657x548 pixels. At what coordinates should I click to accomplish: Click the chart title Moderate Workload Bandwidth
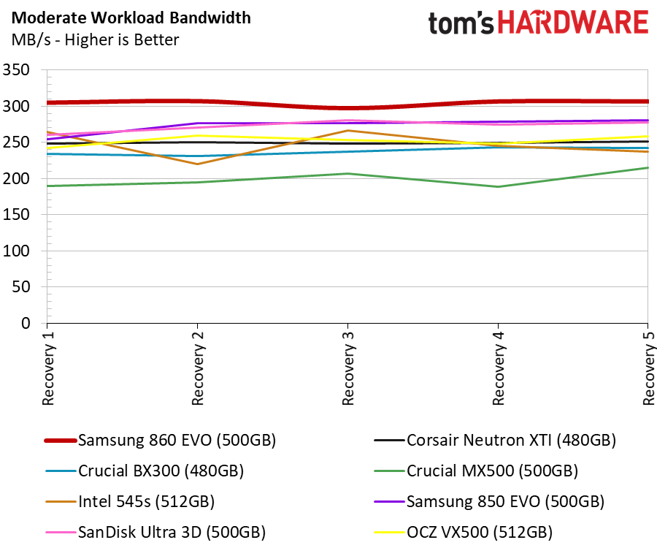(x=131, y=18)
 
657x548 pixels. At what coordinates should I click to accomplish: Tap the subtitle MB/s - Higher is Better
(x=95, y=40)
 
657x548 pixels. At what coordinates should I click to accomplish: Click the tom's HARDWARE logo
(x=539, y=23)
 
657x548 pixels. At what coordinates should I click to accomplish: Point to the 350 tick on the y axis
(x=16, y=69)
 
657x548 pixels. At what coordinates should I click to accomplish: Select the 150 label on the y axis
(x=16, y=214)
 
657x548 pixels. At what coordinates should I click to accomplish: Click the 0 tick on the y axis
(x=26, y=323)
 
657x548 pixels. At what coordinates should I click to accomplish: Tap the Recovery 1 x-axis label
(x=48, y=368)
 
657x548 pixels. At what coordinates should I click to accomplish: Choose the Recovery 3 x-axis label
(x=348, y=368)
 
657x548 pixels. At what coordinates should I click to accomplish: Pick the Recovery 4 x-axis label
(x=498, y=368)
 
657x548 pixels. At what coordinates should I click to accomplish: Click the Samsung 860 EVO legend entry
(x=160, y=441)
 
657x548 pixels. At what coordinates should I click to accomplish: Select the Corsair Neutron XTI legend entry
(x=495, y=441)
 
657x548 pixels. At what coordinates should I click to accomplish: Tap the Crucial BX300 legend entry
(x=145, y=471)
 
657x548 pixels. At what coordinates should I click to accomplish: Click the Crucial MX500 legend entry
(x=476, y=471)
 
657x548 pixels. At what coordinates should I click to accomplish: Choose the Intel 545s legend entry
(x=130, y=501)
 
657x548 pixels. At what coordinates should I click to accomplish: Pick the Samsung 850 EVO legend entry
(x=489, y=501)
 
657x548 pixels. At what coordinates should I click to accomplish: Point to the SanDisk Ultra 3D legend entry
(x=155, y=532)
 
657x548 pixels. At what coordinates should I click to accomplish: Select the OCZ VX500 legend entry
(x=463, y=532)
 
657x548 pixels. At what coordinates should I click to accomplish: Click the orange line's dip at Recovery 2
(x=197, y=164)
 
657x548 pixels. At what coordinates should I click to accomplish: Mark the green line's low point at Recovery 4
(x=498, y=186)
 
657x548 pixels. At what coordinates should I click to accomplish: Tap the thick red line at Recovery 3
(x=347, y=108)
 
